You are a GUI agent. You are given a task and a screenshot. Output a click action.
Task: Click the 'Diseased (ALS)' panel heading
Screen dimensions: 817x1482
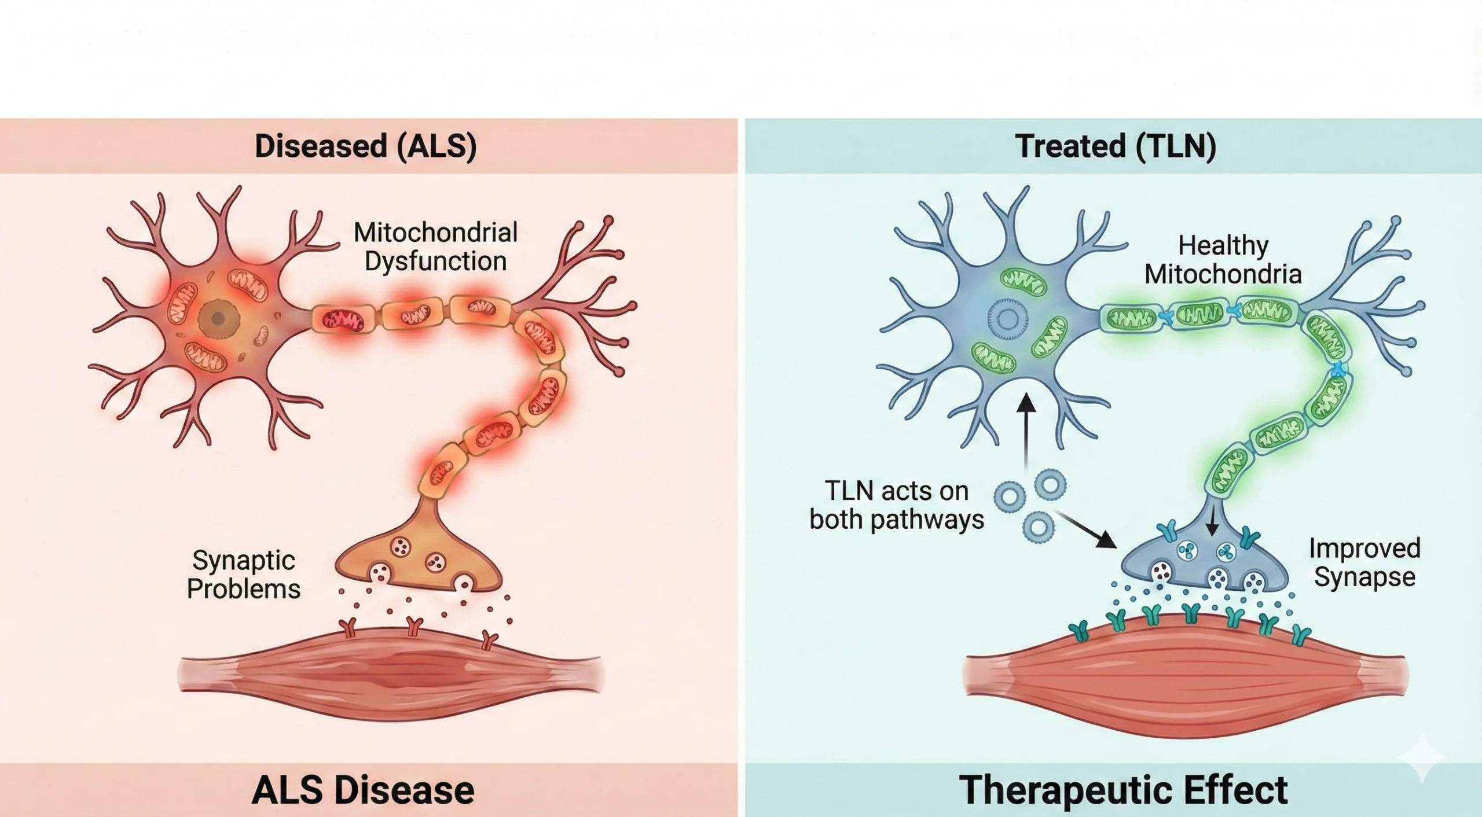[365, 146]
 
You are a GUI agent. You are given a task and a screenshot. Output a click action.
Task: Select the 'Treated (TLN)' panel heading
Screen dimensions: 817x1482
[1115, 146]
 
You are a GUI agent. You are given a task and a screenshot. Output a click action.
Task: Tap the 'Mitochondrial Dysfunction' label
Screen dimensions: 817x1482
[435, 247]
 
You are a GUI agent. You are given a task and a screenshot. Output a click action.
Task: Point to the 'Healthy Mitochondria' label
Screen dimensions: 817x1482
[1223, 260]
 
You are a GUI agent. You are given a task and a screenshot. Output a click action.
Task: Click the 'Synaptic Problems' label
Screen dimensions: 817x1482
[244, 575]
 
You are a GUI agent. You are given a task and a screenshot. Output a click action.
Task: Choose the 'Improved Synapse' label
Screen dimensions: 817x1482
[1364, 562]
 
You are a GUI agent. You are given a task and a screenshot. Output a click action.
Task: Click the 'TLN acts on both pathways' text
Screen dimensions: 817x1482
[897, 505]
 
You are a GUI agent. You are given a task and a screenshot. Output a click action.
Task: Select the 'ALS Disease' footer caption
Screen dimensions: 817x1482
[363, 790]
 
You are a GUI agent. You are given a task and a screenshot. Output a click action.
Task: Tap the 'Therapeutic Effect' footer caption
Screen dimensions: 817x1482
[1123, 790]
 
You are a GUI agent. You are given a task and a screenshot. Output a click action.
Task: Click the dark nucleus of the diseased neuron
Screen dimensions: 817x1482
[218, 318]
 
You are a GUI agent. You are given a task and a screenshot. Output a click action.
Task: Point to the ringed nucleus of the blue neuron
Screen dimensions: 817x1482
[1008, 319]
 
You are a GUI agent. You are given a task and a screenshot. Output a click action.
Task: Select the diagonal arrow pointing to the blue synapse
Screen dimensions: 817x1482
[1085, 528]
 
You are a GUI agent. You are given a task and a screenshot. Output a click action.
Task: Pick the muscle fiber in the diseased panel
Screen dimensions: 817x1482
[391, 675]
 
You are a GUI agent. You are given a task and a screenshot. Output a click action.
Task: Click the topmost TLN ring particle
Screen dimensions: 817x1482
[1050, 484]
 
